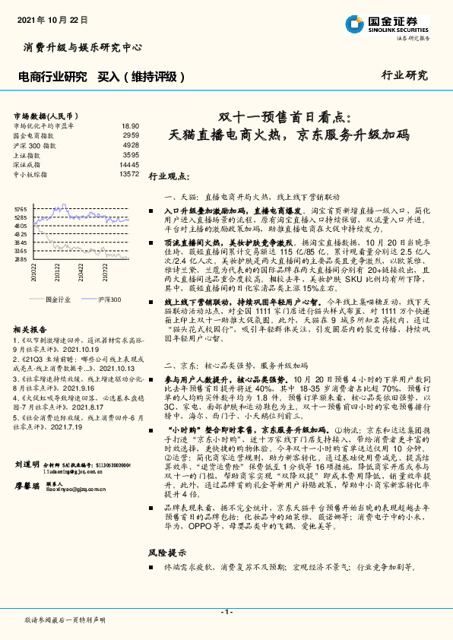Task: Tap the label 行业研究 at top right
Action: (x=404, y=75)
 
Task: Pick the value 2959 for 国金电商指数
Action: (x=131, y=135)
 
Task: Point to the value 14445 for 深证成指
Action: (x=129, y=164)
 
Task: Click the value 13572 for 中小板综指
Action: (x=129, y=174)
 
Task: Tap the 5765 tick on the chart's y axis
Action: (x=21, y=209)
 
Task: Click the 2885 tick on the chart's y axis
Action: (x=21, y=259)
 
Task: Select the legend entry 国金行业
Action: (x=59, y=299)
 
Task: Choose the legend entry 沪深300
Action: (x=109, y=299)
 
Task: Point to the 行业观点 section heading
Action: (x=168, y=176)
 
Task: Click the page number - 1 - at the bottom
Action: (x=226, y=612)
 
